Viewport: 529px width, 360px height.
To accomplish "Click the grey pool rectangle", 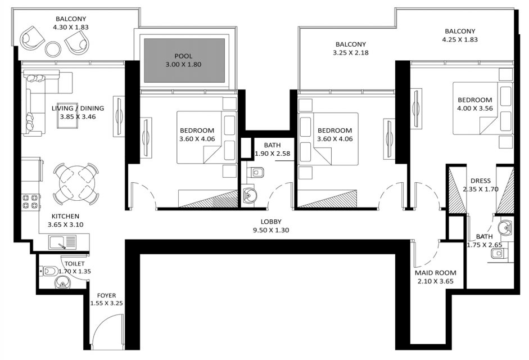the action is coord(184,60).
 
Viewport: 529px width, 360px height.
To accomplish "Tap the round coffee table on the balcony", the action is coord(53,48).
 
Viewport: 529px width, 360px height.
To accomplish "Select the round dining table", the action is coord(76,184).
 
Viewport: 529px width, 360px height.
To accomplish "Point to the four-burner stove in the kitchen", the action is coord(31,201).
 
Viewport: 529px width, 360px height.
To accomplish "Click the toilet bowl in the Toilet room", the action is coord(48,271).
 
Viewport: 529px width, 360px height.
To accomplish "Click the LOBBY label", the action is coord(271,222).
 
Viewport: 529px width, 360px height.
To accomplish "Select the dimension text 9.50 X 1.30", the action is coord(271,230).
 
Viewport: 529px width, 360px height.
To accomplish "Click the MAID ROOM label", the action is coord(436,273).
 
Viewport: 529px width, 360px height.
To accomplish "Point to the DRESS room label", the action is coord(481,181).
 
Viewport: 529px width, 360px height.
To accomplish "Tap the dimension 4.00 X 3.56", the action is coord(474,109).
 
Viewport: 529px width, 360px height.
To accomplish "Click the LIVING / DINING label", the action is coord(78,108).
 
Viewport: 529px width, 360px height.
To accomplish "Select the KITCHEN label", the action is coord(65,216).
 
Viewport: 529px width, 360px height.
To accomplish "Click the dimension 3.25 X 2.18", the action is coord(351,53).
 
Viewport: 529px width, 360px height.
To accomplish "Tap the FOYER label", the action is coord(106,295).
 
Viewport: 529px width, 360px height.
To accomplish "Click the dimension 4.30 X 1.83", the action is coord(71,28).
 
